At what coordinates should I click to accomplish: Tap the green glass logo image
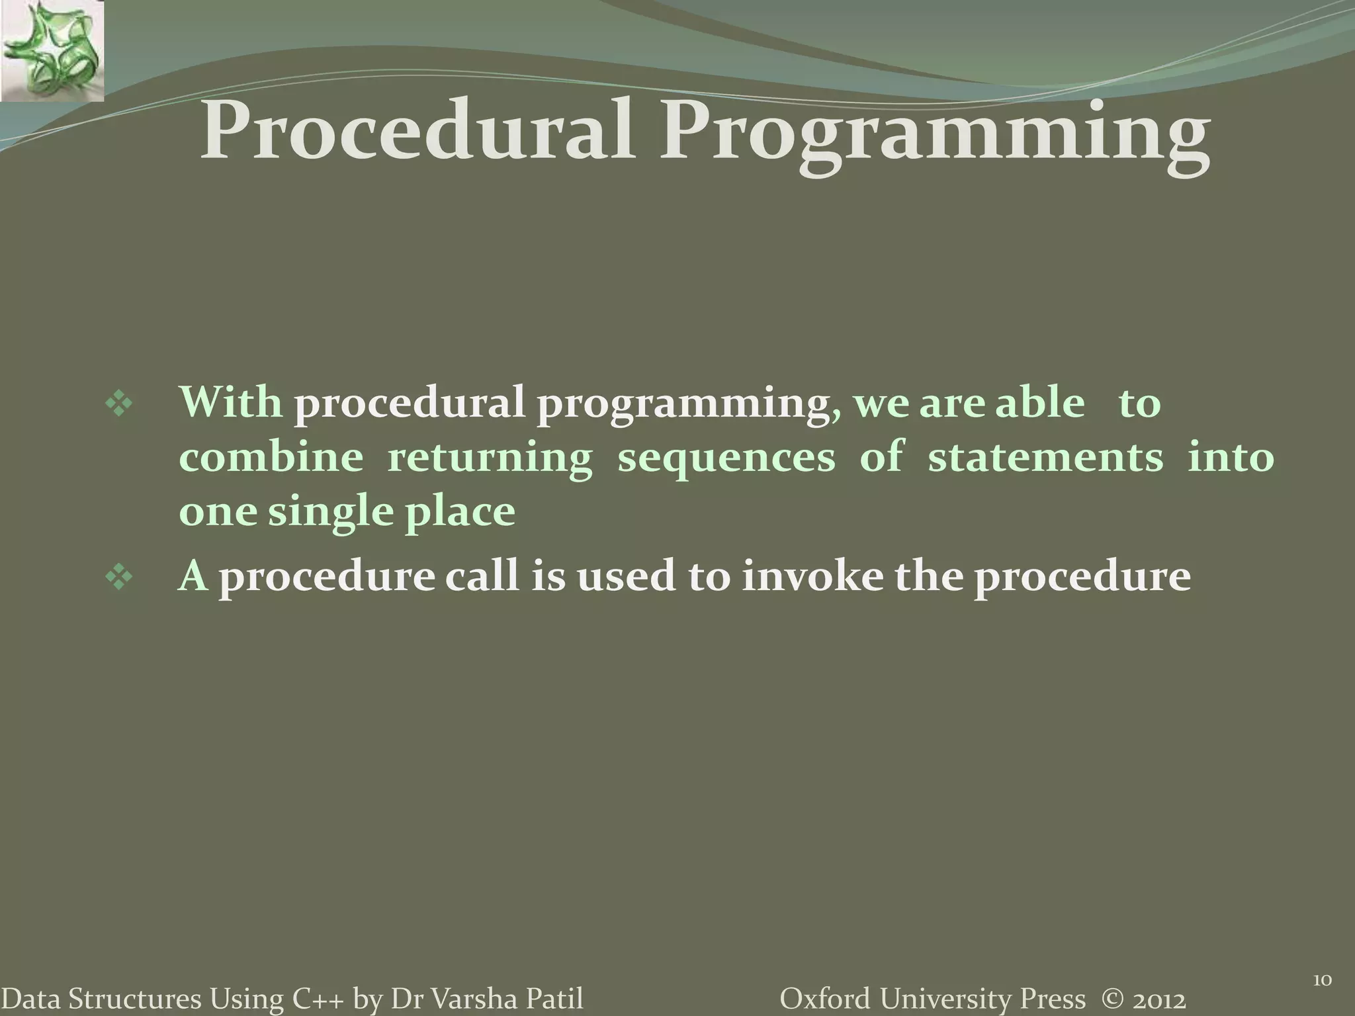pyautogui.click(x=52, y=51)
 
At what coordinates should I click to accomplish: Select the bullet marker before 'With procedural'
pyautogui.click(x=119, y=405)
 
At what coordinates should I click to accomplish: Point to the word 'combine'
pyautogui.click(x=271, y=457)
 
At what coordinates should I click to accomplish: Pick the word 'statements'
pyautogui.click(x=1045, y=457)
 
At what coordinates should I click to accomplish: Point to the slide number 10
pyautogui.click(x=1321, y=962)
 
